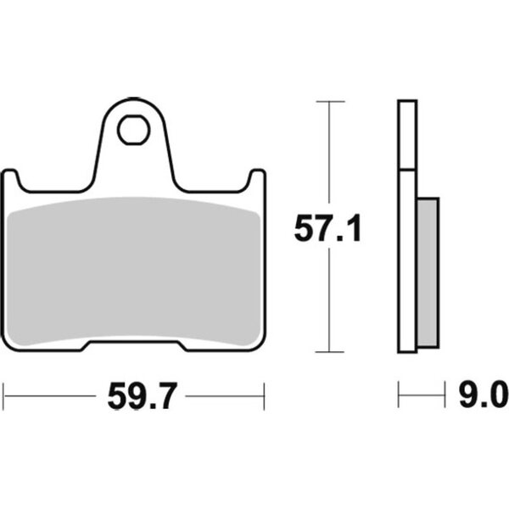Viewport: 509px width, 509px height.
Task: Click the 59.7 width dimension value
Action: point(143,395)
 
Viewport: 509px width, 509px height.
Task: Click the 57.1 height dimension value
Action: point(327,227)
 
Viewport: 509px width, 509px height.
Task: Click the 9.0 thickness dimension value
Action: point(484,394)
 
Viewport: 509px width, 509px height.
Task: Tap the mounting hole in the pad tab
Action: point(134,130)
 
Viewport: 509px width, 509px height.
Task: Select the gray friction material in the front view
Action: point(133,271)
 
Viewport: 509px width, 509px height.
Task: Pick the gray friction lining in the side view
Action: point(428,272)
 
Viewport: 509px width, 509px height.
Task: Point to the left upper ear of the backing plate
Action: point(9,178)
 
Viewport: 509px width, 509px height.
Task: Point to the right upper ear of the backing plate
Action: point(258,178)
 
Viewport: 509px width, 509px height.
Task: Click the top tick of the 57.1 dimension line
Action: point(330,102)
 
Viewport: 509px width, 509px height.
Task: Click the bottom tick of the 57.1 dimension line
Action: point(329,352)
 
